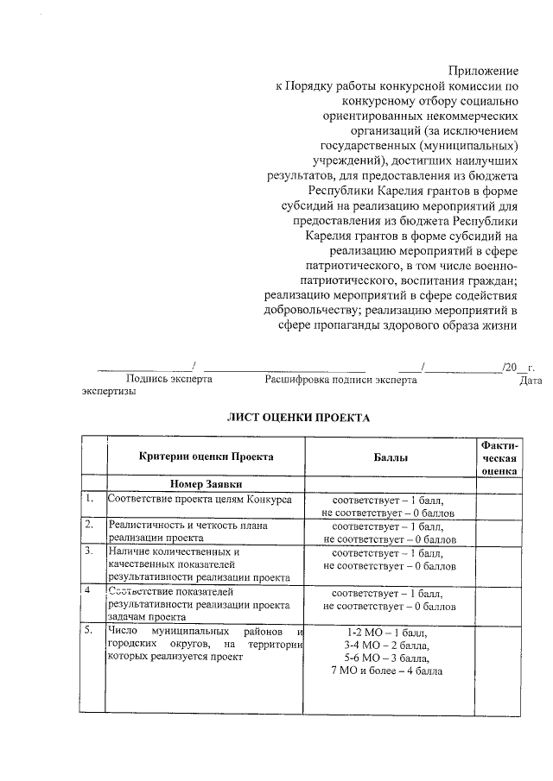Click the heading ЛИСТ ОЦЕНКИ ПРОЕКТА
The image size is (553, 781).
298,418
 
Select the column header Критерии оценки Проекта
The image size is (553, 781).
206,456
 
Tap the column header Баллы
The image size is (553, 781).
391,457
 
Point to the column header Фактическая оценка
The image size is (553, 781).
499,457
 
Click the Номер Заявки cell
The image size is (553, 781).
206,484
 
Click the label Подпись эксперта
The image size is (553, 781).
169,378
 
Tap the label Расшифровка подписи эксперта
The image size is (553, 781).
340,378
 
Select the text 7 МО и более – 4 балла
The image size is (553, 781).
387,672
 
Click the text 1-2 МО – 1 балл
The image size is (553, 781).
387,632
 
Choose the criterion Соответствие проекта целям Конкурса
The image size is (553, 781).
199,499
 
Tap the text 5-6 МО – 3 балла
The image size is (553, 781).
387,658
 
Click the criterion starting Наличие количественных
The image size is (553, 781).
173,551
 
